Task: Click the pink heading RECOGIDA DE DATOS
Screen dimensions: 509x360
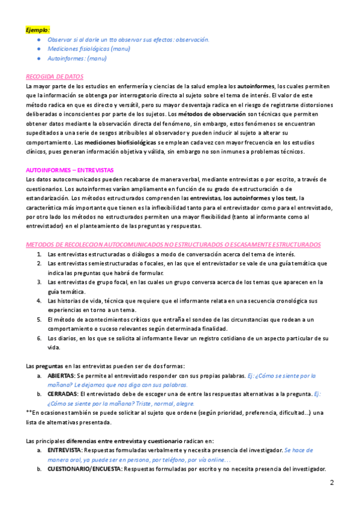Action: [x=55, y=77]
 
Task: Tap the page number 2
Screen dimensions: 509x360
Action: [x=332, y=483]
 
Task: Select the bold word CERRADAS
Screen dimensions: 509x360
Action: [x=62, y=394]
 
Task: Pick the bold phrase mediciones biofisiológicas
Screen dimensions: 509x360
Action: [x=119, y=142]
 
